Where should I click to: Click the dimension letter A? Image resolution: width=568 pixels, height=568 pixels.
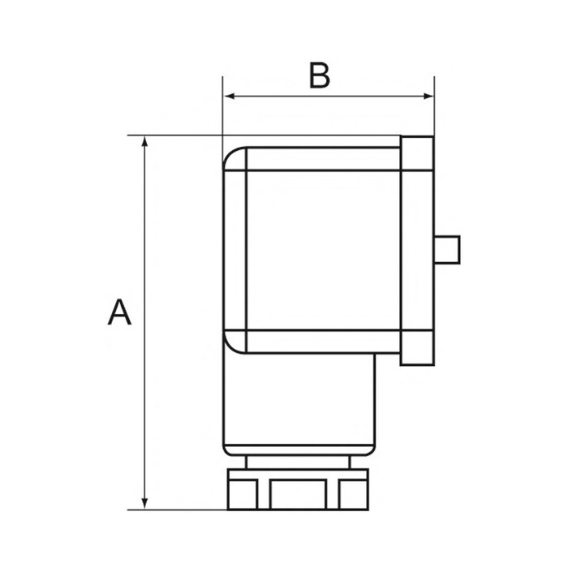(119, 312)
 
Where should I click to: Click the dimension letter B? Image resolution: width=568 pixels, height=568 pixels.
(320, 75)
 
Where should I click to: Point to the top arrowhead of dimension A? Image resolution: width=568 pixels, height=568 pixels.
(145, 142)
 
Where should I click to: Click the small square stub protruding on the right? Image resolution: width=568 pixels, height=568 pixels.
(448, 248)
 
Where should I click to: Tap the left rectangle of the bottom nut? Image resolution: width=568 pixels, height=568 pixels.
(241, 493)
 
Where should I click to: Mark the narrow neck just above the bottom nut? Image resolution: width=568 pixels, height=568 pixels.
(299, 463)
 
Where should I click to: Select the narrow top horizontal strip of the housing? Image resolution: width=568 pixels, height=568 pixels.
(322, 158)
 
